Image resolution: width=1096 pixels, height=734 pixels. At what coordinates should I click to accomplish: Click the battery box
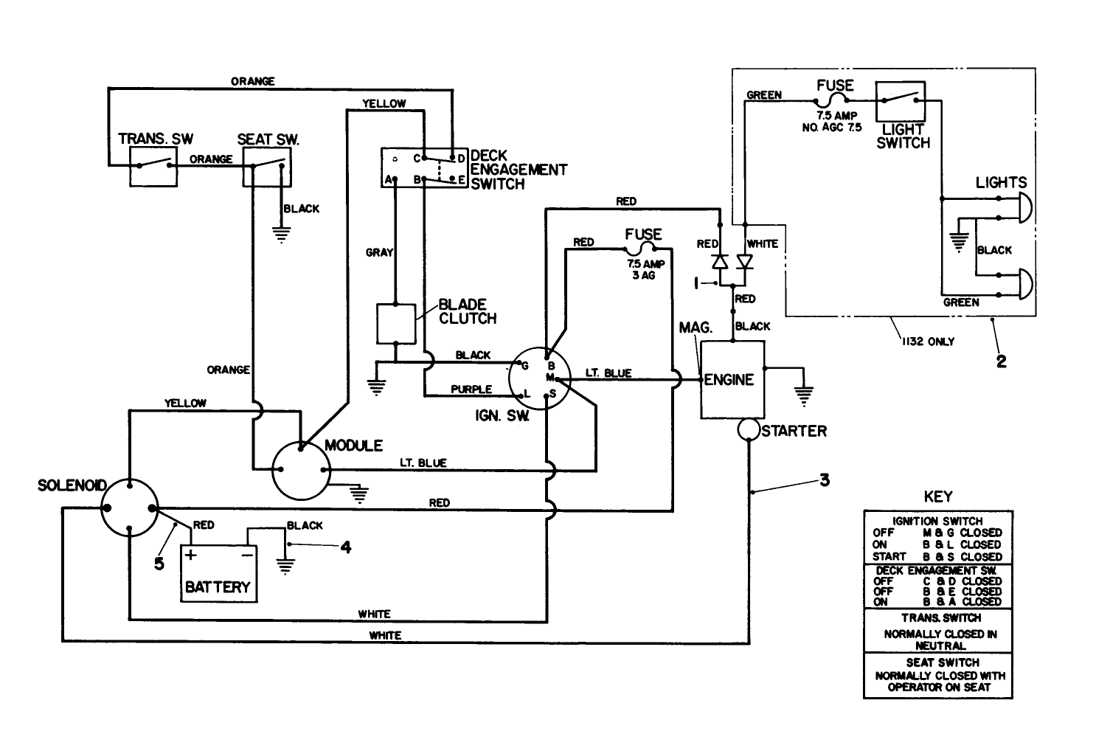[218, 574]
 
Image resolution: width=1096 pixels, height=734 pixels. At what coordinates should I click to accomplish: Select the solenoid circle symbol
[129, 508]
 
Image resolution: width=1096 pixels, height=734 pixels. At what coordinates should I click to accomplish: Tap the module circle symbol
[301, 471]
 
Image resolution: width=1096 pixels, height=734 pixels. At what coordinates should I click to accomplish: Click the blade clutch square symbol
[396, 323]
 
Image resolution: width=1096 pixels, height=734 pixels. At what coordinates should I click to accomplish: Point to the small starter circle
[749, 431]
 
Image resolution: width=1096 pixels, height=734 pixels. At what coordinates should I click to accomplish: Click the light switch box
[900, 102]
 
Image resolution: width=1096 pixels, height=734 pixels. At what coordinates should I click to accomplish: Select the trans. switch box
[153, 165]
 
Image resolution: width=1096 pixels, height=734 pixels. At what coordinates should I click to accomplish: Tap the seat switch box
[267, 165]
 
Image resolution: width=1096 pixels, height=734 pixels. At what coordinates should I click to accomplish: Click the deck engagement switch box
[424, 168]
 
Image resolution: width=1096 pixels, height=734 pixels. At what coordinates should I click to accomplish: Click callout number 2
[1001, 361]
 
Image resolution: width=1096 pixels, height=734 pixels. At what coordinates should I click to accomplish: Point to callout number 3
[825, 480]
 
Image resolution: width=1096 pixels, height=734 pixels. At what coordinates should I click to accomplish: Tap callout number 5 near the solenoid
[159, 564]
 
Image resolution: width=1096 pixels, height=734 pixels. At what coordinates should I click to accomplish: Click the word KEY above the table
[937, 496]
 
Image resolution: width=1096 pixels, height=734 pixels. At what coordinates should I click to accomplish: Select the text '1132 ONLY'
[927, 342]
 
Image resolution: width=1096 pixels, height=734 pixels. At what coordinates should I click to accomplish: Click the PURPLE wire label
[471, 389]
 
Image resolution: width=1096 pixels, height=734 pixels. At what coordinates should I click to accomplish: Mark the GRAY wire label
[379, 252]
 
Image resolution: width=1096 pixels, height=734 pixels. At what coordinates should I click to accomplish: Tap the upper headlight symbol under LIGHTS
[1024, 209]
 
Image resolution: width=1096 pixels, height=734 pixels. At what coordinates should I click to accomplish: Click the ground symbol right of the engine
[804, 395]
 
